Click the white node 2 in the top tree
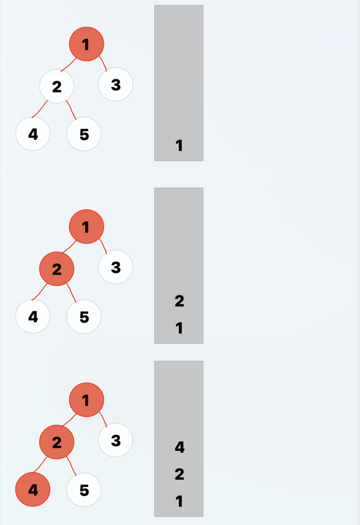57,87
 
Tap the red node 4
33,490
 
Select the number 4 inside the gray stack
179,447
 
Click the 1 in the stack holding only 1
179,146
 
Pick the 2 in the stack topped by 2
179,301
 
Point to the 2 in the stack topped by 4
179,474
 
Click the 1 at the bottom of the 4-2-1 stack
179,501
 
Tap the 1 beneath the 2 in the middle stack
179,328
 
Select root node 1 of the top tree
86,44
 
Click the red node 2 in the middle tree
57,269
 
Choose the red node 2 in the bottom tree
57,442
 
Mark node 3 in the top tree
116,84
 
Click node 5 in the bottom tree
84,490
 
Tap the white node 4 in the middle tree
33,317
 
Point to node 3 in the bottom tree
116,440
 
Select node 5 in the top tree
84,134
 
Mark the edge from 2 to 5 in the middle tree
72,294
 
